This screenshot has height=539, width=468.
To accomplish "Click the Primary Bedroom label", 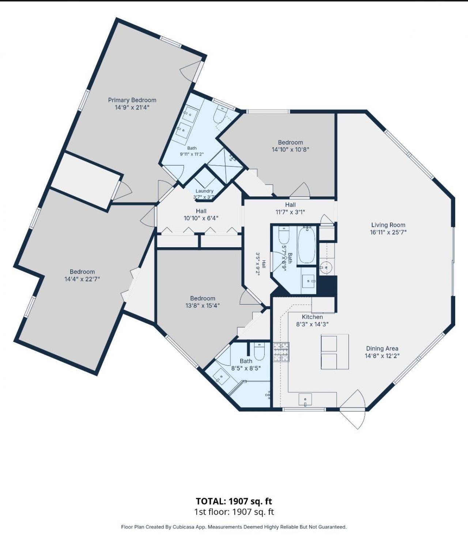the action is coord(132,100).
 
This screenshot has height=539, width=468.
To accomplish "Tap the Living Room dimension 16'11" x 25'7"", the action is coord(388,232).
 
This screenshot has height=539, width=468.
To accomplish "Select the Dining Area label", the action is coord(382,348).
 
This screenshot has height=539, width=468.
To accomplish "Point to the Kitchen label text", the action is coord(312,317).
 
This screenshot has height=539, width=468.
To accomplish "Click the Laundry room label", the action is coord(204,191).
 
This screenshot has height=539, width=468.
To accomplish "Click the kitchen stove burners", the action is coord(281,352).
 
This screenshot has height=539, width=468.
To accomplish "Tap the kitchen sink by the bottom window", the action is coord(305,400).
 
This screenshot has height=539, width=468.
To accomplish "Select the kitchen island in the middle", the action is coord(335,352).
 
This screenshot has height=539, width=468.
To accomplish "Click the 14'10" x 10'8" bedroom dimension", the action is coord(290,150).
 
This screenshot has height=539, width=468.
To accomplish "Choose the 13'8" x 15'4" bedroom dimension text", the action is coord(203,306).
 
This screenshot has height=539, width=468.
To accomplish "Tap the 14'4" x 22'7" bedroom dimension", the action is coord(82,279).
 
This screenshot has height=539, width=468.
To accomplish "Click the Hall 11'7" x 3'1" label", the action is coord(290,209).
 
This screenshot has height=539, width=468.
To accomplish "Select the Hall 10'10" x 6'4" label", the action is coord(201,214).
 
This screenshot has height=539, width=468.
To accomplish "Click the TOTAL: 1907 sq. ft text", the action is coord(234,501).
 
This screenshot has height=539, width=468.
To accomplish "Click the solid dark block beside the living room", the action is coord(327,286).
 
